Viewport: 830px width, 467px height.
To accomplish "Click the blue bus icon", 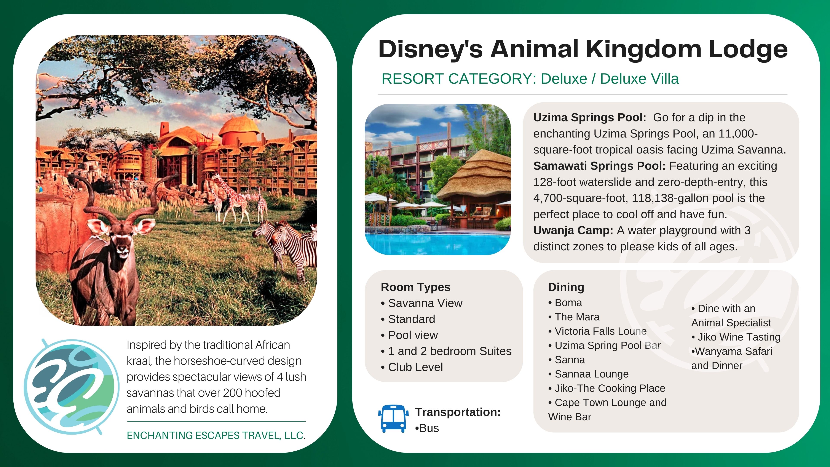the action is (x=393, y=418).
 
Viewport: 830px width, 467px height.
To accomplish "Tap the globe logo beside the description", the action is (x=72, y=387).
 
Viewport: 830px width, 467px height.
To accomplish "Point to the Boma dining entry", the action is (x=565, y=303).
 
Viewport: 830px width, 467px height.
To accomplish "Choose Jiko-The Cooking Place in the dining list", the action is (x=607, y=388).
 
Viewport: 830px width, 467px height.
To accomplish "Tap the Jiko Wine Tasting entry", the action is (x=736, y=337).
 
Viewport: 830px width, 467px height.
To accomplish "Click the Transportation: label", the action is (x=458, y=412).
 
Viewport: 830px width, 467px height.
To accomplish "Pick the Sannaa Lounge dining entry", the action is (x=588, y=374).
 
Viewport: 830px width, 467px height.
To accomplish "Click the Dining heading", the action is (x=566, y=287).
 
